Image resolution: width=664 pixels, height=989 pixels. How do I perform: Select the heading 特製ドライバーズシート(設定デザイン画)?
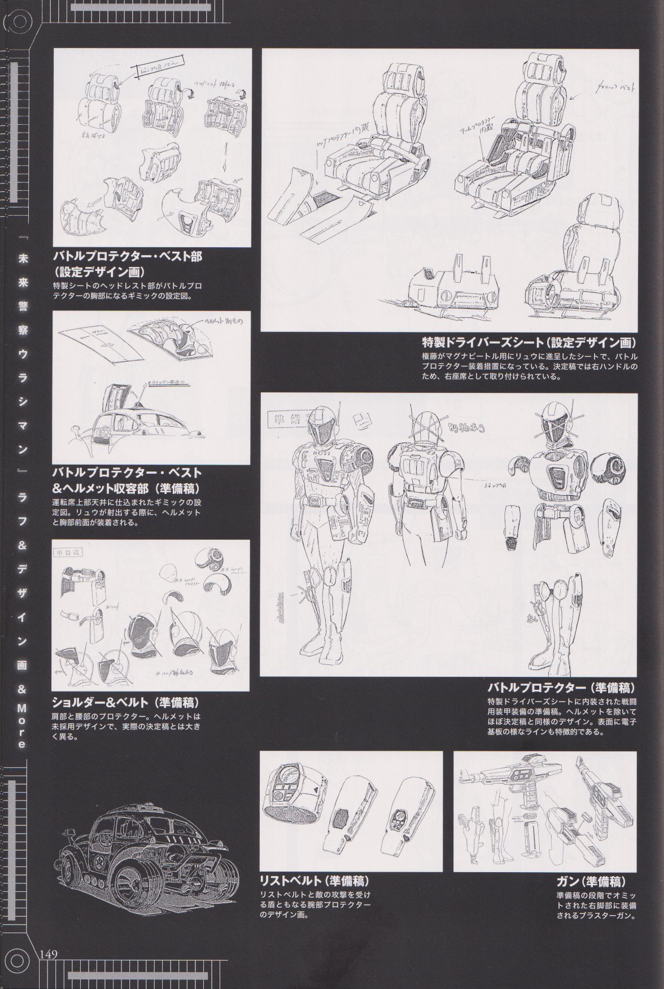coord(530,343)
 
